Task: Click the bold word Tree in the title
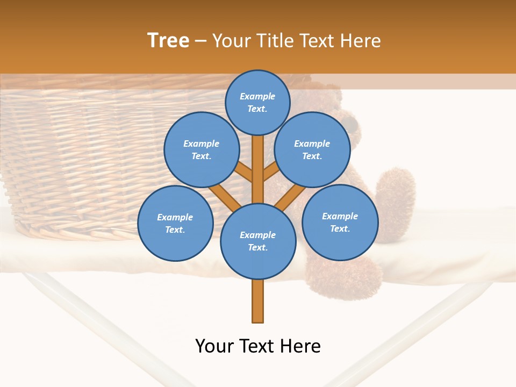168,40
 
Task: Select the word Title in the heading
275,41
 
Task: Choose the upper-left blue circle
201,149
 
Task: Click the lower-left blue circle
175,223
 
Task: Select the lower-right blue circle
340,222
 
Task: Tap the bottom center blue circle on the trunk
258,241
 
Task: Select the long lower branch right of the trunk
290,198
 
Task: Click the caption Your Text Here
258,346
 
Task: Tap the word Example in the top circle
257,96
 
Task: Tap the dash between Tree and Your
200,41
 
